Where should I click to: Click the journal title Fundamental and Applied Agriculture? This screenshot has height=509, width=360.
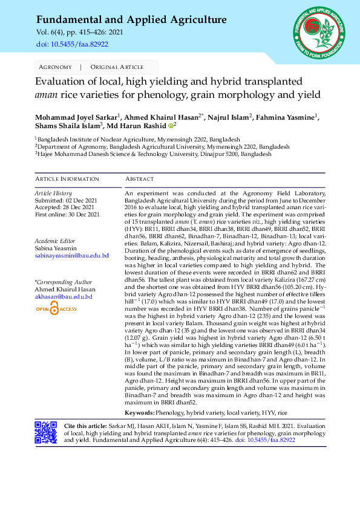(x=131, y=20)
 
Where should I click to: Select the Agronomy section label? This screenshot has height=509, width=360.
(x=55, y=66)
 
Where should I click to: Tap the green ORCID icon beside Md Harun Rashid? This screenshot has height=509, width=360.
(x=170, y=126)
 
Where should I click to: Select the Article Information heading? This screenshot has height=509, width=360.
(x=67, y=179)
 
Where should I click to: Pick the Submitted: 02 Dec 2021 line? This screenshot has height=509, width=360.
(x=67, y=200)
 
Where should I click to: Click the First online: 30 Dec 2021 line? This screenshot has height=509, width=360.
(x=67, y=215)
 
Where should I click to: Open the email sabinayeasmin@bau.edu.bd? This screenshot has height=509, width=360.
(x=72, y=256)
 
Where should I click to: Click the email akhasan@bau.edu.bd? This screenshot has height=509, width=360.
(x=64, y=297)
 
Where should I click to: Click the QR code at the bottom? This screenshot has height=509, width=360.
(x=45, y=433)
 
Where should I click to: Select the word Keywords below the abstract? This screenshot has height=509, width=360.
(x=139, y=412)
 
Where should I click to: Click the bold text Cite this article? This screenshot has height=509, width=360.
(x=83, y=426)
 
